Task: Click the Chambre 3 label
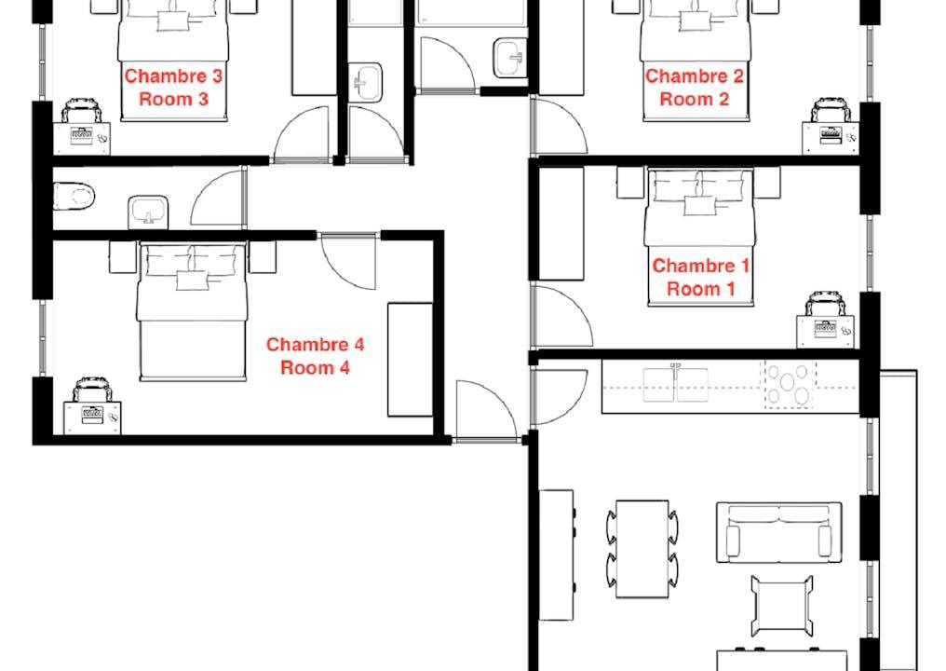pos(173,76)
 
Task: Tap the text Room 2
pos(695,99)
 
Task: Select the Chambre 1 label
pos(700,266)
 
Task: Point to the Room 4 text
pos(315,367)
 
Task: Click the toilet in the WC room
pos(74,195)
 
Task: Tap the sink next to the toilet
pos(148,212)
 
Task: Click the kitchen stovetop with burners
pos(788,384)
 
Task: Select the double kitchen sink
pos(676,384)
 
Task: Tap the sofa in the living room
pos(779,532)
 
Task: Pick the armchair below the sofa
pos(782,605)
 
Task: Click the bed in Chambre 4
pos(193,311)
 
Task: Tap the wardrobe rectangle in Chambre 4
pos(411,360)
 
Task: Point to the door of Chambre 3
pos(302,134)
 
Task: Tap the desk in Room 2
pos(831,138)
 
